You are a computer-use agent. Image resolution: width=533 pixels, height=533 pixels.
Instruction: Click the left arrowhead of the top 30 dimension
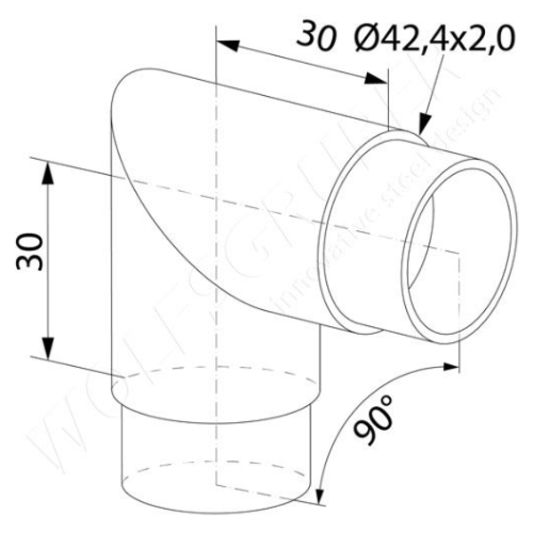point(226,44)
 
